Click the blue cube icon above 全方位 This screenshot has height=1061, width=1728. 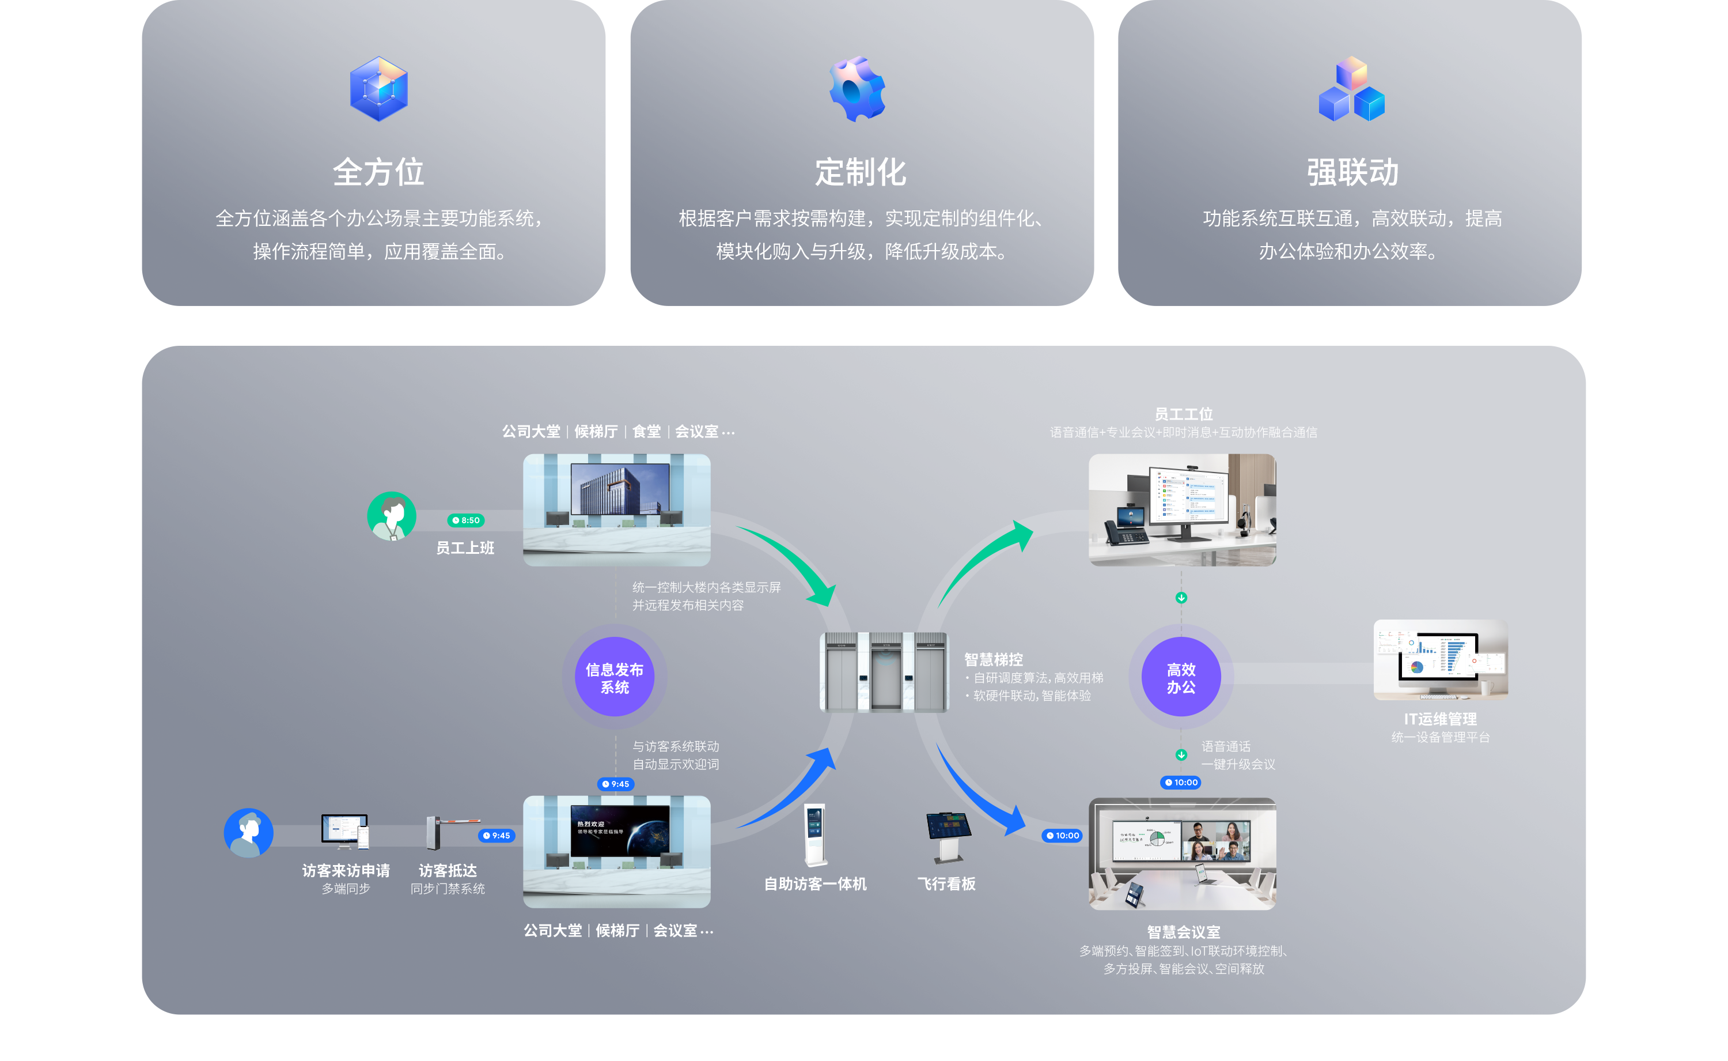[378, 89]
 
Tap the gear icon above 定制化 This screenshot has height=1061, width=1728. [857, 89]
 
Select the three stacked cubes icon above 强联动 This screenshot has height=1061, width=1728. [1351, 89]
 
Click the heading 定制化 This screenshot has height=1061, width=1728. [861, 172]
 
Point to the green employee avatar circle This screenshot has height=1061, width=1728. [391, 516]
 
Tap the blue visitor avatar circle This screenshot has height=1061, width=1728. [248, 833]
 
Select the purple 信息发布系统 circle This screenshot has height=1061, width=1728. [615, 677]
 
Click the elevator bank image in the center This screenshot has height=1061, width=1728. [884, 672]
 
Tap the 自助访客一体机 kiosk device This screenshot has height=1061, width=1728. [815, 835]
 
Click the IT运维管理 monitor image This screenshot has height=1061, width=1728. [1441, 660]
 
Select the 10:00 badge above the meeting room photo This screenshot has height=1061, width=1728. [1182, 783]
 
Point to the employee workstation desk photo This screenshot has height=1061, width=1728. [1182, 510]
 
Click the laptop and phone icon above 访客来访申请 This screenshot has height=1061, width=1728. [345, 832]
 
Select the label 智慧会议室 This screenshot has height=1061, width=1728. [1183, 932]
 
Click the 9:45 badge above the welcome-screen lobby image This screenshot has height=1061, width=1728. [616, 784]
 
